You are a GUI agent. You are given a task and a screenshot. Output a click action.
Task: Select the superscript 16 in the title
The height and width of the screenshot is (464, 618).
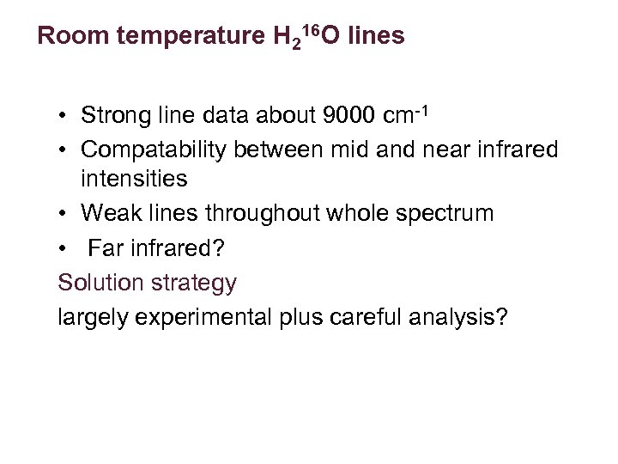(x=311, y=31)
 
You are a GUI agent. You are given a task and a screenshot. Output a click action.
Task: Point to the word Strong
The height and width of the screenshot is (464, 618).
(x=117, y=115)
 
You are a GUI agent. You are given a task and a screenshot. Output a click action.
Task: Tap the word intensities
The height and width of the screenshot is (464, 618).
(x=134, y=180)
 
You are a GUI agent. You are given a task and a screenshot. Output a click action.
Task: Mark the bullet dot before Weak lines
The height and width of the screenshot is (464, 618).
(x=63, y=214)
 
